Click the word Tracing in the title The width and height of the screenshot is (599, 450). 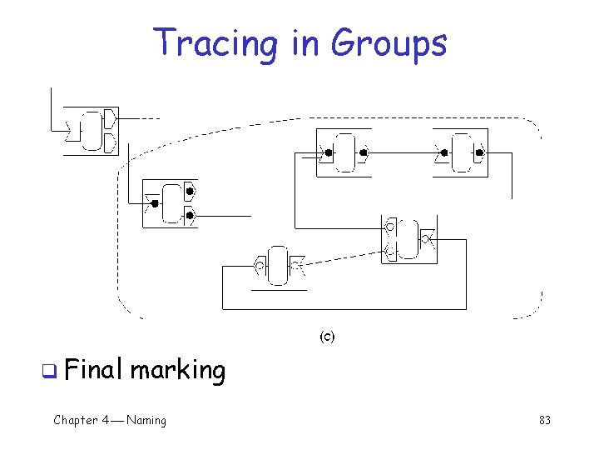pyautogui.click(x=218, y=42)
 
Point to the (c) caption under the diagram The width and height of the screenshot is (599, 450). pyautogui.click(x=327, y=337)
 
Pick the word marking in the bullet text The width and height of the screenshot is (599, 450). pyautogui.click(x=177, y=369)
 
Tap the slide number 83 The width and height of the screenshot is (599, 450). pyautogui.click(x=545, y=420)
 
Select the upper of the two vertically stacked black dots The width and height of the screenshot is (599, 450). pyautogui.click(x=190, y=192)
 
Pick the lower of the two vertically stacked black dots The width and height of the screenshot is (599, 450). pyautogui.click(x=190, y=216)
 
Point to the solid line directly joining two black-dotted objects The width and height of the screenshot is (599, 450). pyautogui.click(x=403, y=153)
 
